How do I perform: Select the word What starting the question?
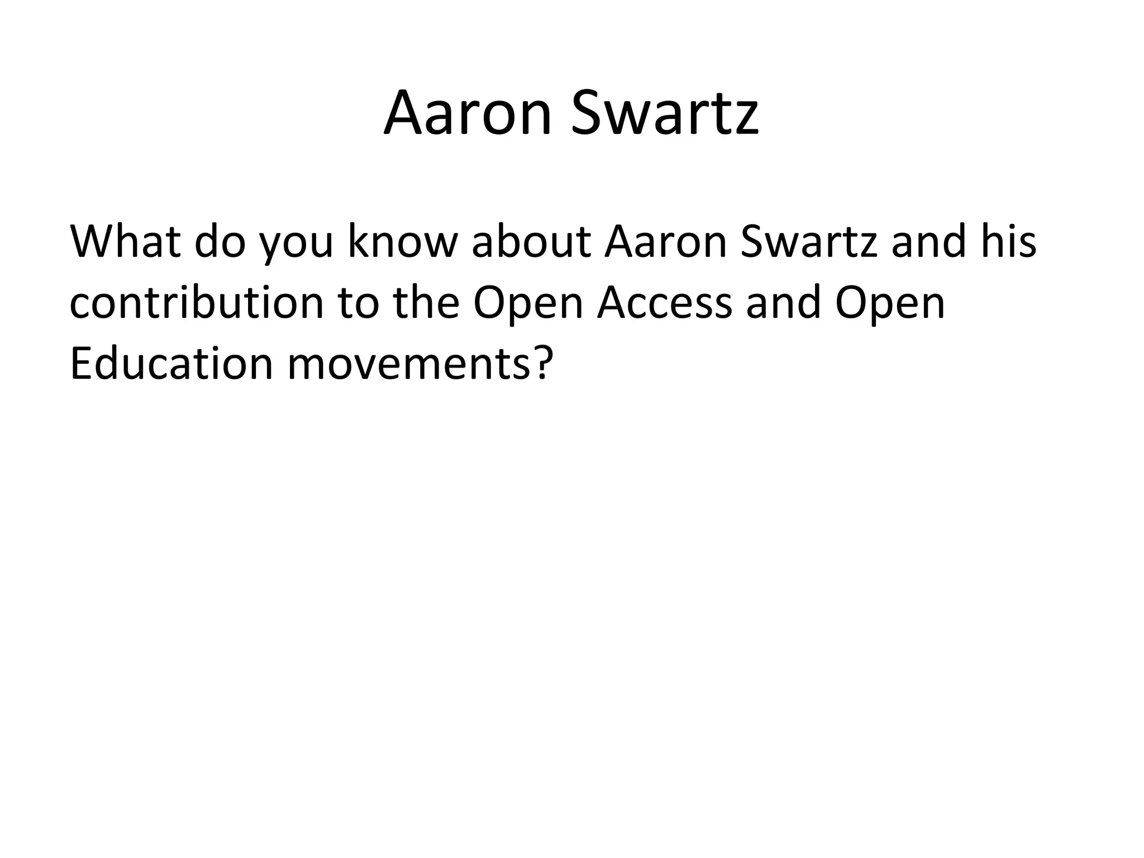(x=125, y=242)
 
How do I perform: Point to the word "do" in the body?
(x=220, y=242)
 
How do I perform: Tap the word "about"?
(x=531, y=242)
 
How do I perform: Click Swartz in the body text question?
(x=809, y=242)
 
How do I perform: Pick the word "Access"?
(x=664, y=303)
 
